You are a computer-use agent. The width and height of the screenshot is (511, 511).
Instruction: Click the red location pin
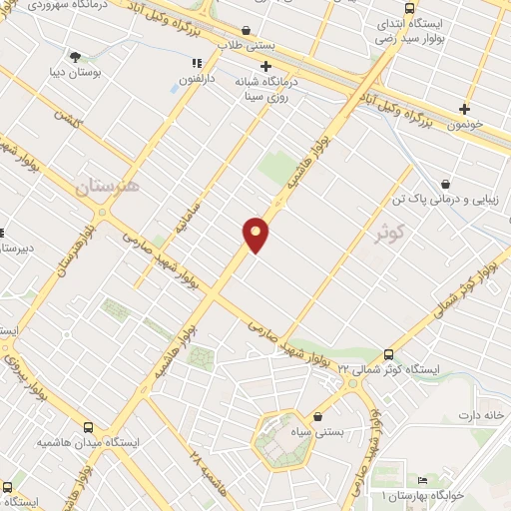256,234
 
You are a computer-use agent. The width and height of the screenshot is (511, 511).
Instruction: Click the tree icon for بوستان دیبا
76,56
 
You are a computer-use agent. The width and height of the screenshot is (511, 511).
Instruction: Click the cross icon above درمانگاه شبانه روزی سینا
264,66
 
